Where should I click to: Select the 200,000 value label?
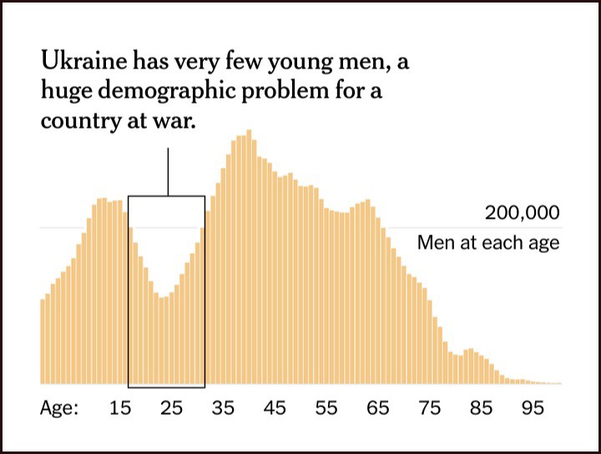pyautogui.click(x=522, y=213)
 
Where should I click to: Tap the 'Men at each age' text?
pyautogui.click(x=488, y=244)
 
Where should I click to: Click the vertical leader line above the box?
pyautogui.click(x=168, y=172)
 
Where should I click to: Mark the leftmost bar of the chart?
pyautogui.click(x=43, y=342)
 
